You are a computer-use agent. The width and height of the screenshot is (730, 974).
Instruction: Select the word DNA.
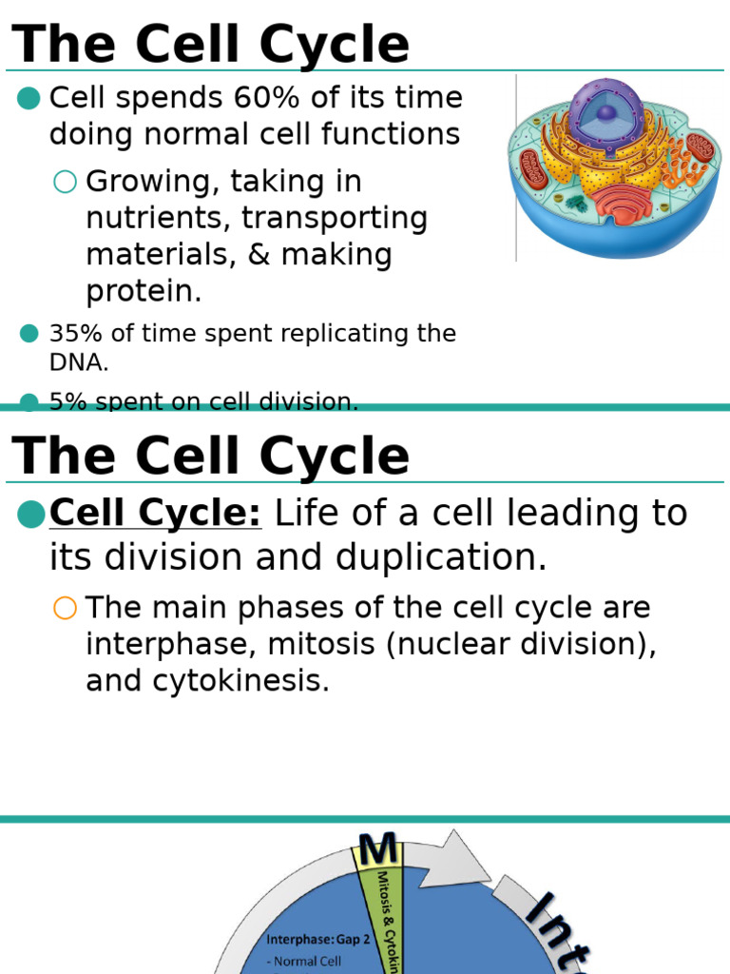tap(77, 361)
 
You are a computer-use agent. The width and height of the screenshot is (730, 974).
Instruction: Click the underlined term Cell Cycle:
tap(155, 514)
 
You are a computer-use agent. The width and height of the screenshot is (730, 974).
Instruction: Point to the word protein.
tap(143, 292)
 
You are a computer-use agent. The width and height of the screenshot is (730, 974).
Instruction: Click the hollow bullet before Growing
tap(65, 182)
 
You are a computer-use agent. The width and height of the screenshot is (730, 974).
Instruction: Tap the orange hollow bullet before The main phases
tap(65, 609)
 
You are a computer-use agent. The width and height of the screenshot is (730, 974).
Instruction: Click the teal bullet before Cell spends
tap(29, 98)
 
